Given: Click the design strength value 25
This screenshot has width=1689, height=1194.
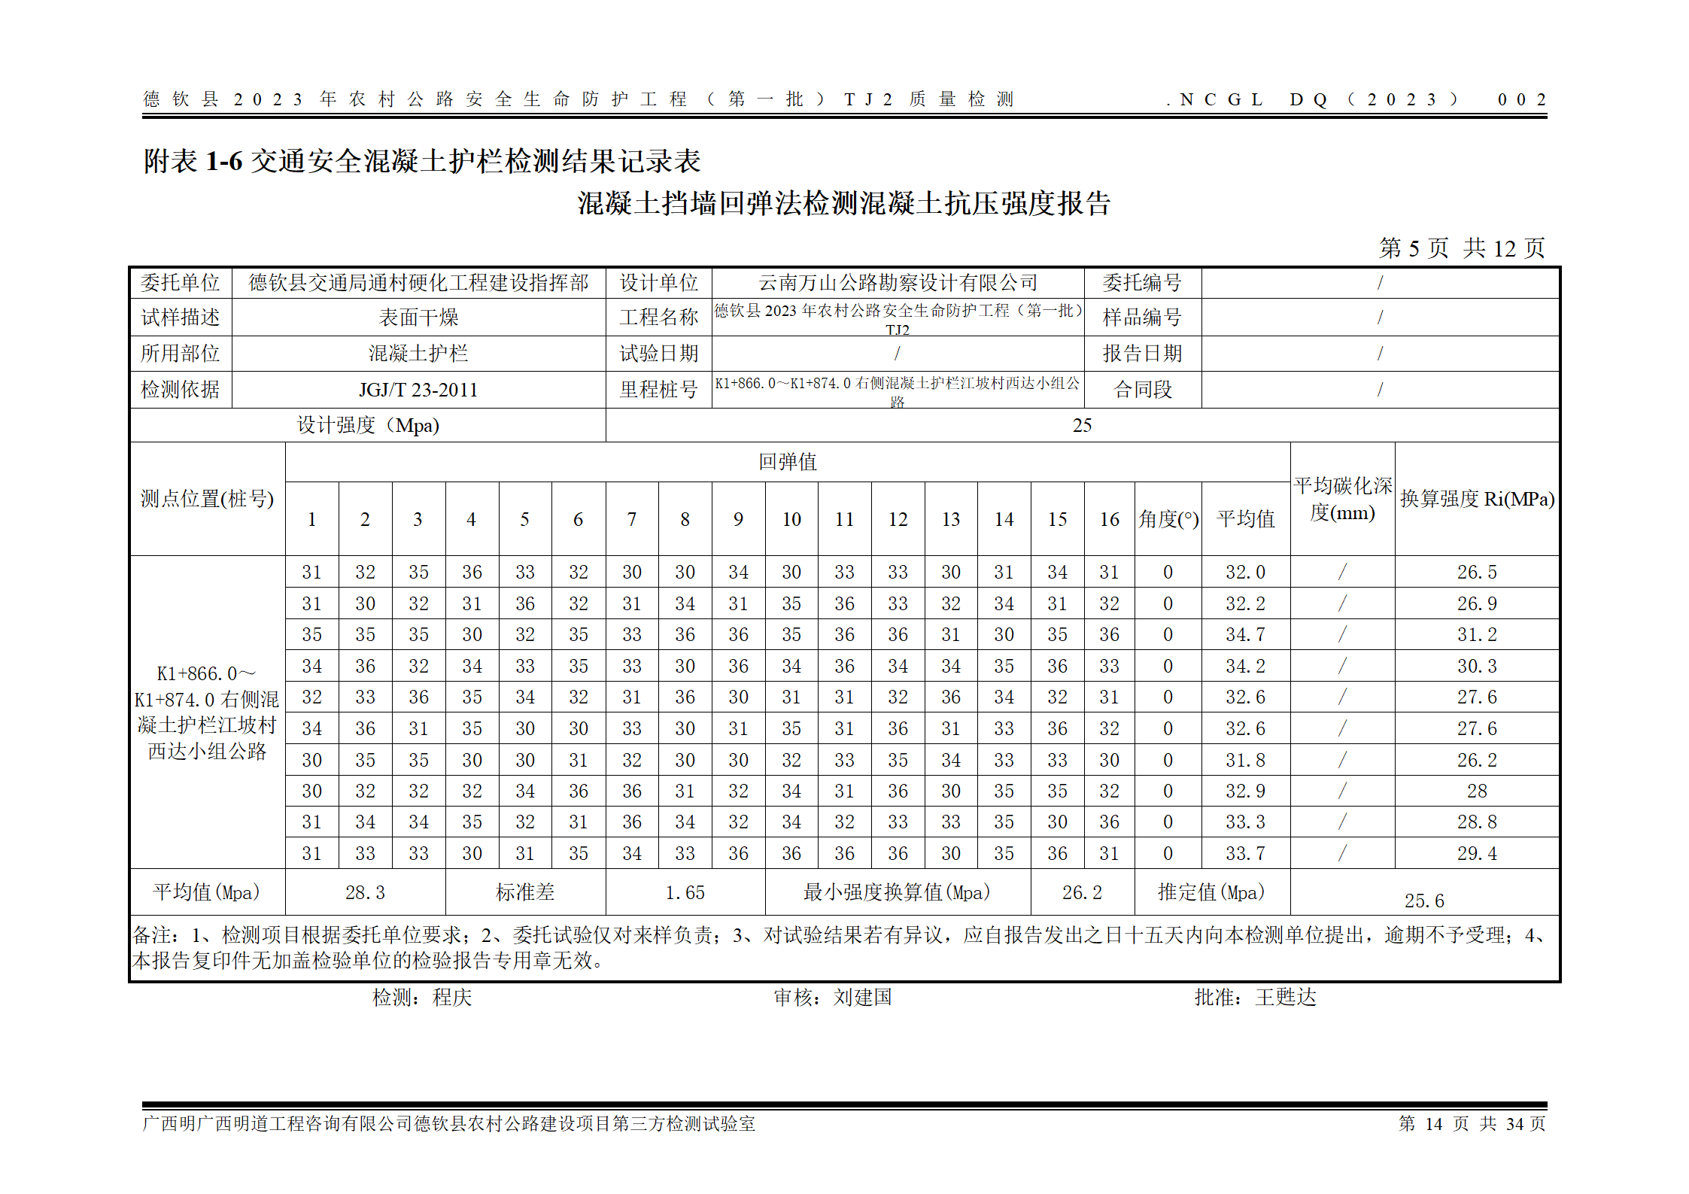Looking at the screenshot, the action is [1081, 426].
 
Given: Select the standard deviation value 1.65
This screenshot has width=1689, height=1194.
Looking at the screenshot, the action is [685, 893].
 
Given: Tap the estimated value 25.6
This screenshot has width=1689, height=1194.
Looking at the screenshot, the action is [1423, 901].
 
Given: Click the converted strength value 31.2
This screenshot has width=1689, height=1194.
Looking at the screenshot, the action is [1476, 635].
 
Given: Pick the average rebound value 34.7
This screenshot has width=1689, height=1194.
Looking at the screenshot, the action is [1245, 635].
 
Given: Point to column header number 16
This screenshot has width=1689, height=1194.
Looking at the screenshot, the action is [1109, 520].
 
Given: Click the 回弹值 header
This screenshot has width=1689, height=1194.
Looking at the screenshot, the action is [787, 462].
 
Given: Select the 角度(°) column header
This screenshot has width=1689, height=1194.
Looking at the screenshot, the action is [1168, 520].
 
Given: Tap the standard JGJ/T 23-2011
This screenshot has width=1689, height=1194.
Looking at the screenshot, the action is [418, 390].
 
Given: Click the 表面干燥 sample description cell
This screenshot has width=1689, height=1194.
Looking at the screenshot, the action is [418, 317].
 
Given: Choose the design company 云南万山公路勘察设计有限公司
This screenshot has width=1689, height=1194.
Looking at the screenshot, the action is [898, 283].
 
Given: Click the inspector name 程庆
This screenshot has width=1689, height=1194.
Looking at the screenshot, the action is [452, 998].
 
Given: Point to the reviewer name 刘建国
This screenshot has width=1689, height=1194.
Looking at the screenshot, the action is [862, 998].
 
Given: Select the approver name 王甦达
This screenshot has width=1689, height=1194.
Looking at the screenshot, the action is [1286, 998].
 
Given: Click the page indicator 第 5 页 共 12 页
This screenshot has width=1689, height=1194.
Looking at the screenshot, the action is [1461, 248].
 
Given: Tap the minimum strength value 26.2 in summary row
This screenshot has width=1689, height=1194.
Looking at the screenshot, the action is [1082, 893].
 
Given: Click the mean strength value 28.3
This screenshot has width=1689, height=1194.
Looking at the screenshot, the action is [365, 893].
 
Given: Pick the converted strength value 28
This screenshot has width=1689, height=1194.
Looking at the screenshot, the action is [1476, 791].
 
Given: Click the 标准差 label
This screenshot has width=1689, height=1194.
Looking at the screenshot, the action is [525, 893].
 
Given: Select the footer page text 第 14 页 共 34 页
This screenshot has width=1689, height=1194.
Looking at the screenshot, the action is [1472, 1124].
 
